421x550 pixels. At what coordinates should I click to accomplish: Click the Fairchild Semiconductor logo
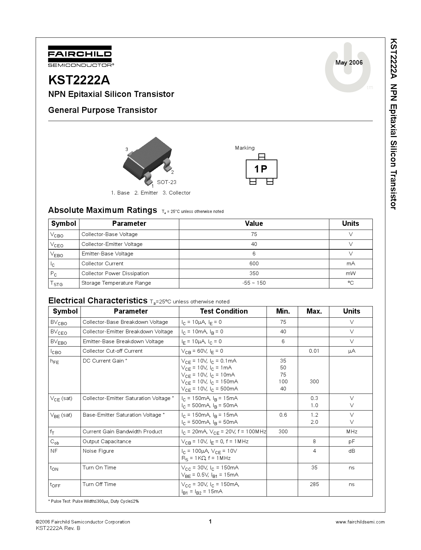[x=80, y=56]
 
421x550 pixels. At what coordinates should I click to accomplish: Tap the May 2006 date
[x=349, y=63]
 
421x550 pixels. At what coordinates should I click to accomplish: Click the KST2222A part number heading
[x=79, y=80]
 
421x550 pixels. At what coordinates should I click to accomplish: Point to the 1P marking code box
[x=261, y=169]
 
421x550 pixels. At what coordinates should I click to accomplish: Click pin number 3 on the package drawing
[x=127, y=149]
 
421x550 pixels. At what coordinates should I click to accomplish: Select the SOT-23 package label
[x=166, y=182]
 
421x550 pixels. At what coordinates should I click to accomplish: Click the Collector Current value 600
[x=254, y=264]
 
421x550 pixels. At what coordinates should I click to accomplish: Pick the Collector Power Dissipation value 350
[x=254, y=273]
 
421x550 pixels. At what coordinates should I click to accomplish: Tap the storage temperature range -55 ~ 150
[x=254, y=283]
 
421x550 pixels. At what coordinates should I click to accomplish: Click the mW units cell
[x=350, y=273]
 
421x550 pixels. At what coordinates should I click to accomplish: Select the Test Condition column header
[x=223, y=311]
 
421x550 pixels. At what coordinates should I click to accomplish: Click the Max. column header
[x=314, y=311]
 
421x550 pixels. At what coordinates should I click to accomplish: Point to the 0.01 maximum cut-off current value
[x=314, y=351]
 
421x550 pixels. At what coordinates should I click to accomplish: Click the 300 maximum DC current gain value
[x=314, y=382]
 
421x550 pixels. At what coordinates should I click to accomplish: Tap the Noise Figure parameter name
[x=98, y=451]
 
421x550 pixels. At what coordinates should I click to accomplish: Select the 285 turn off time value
[x=314, y=484]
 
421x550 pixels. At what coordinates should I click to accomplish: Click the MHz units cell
[x=351, y=432]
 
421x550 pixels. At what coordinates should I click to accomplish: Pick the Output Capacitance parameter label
[x=107, y=441]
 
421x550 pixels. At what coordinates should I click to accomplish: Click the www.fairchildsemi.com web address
[x=360, y=522]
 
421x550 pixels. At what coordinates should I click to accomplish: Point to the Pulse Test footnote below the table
[x=93, y=501]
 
